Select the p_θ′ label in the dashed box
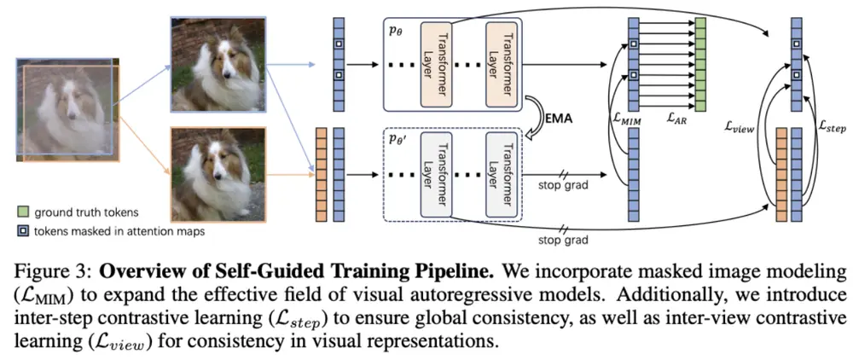pyautogui.click(x=397, y=137)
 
